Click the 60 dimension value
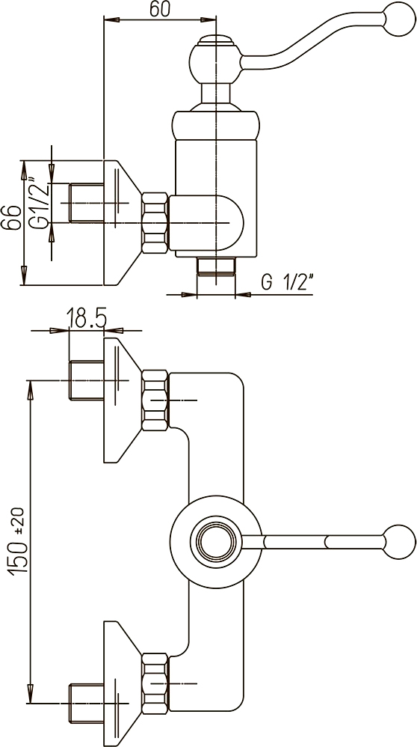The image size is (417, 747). click(160, 9)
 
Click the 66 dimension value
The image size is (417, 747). click(11, 218)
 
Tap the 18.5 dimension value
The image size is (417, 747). click(86, 318)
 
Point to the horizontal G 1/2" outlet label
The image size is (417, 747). click(287, 282)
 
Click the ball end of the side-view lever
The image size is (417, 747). click(399, 19)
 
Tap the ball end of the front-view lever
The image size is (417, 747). click(399, 541)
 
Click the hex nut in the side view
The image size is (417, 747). click(155, 222)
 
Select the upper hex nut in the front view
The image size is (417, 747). click(155, 400)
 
